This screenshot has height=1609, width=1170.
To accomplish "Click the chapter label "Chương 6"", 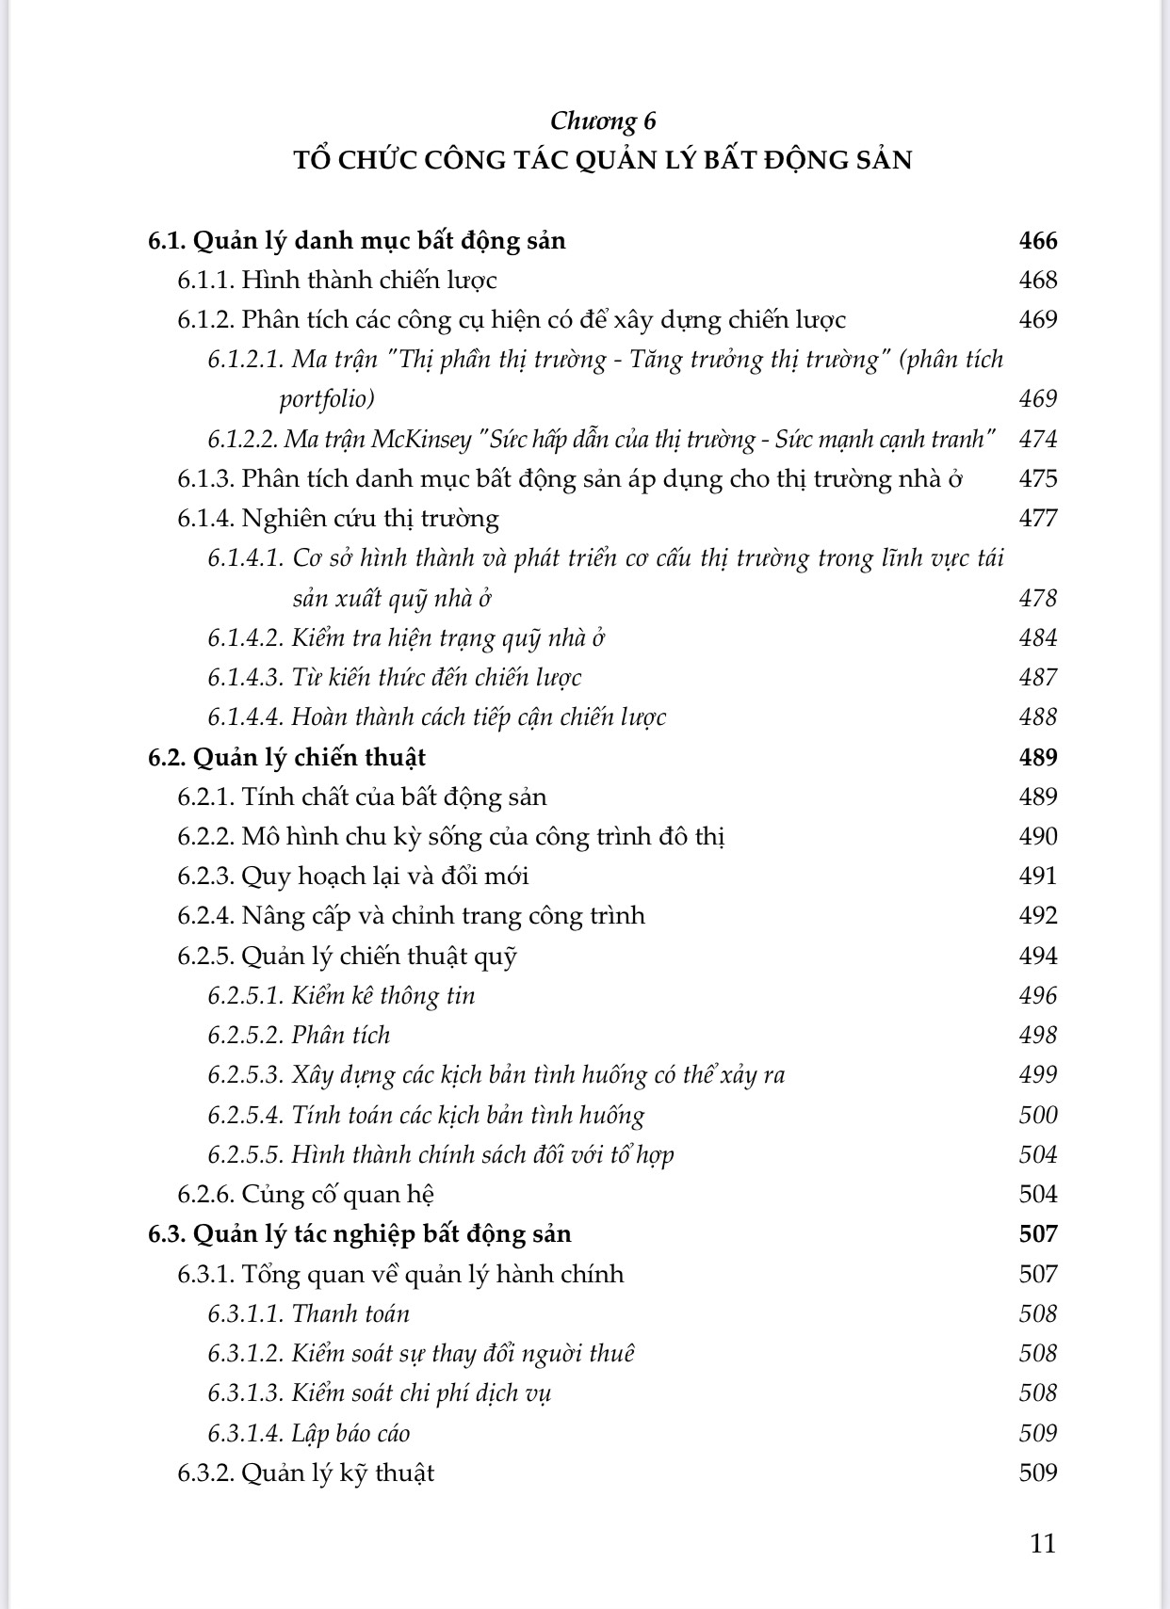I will (x=603, y=121).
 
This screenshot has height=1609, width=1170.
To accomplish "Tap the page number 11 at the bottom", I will (x=1043, y=1543).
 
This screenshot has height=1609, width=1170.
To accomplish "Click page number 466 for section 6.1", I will (x=1038, y=240).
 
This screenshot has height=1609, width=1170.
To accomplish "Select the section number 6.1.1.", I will (x=205, y=280).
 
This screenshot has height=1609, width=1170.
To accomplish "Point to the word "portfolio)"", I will (x=327, y=399).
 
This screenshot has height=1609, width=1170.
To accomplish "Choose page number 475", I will (x=1038, y=478).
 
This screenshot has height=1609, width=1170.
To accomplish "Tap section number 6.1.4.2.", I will (x=246, y=638).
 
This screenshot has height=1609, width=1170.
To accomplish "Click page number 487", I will (x=1038, y=678).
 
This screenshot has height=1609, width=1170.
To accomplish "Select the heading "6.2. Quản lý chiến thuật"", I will (x=286, y=757).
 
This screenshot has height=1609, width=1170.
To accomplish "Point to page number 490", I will (x=1038, y=836).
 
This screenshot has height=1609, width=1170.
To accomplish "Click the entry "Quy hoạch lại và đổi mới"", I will (x=385, y=877).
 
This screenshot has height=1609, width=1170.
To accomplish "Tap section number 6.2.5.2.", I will (x=246, y=1036).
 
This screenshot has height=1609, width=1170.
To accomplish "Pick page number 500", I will (x=1038, y=1116).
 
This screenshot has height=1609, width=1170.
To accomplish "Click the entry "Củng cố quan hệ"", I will (x=338, y=1195).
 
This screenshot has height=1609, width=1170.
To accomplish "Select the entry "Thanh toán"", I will (x=350, y=1314).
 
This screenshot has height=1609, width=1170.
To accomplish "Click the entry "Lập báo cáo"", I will (x=350, y=1434).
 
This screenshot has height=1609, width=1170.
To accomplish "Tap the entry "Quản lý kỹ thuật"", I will (x=338, y=1473).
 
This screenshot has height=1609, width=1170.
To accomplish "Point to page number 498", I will (x=1038, y=1036).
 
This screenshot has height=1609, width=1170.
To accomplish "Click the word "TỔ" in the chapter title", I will (x=310, y=159).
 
